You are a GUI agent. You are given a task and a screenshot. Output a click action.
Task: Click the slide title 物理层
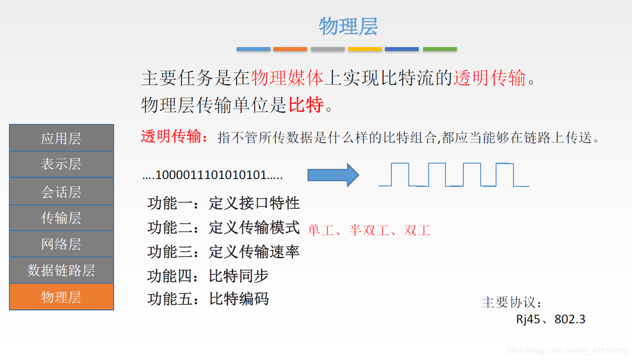tap(348, 26)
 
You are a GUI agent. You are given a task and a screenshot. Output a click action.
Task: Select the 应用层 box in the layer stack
tap(61, 138)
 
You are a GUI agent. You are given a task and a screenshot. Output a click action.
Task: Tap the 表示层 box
tap(61, 164)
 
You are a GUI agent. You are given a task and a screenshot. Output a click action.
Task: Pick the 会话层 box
tap(61, 191)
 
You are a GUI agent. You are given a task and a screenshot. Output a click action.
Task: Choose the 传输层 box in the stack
tap(61, 218)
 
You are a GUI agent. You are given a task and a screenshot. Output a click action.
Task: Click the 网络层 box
tap(61, 244)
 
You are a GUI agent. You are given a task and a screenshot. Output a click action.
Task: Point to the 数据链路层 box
tap(61, 270)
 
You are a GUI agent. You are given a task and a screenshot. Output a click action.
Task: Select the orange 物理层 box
tap(61, 297)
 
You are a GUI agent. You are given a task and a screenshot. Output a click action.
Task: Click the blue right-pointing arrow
tap(333, 175)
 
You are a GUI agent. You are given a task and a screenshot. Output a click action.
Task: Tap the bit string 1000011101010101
tap(212, 175)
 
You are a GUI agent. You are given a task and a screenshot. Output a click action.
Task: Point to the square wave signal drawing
tap(453, 175)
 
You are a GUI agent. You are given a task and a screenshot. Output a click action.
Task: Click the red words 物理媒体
tap(287, 78)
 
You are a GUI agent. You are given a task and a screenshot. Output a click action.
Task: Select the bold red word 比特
tap(306, 105)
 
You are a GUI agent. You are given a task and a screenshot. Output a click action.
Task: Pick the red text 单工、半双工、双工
tap(369, 230)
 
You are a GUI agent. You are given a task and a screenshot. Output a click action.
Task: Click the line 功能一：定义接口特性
tap(223, 203)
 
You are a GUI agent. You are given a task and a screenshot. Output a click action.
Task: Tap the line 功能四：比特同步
tap(208, 276)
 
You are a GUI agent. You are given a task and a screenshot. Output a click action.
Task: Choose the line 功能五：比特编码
tap(208, 299)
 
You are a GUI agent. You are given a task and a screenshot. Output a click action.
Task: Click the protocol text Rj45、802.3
tap(551, 319)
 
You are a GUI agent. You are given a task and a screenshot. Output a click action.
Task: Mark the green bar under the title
tap(440, 49)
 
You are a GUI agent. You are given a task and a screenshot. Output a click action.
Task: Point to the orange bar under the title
tap(290, 49)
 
